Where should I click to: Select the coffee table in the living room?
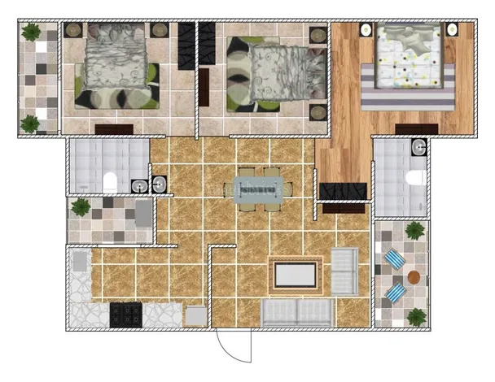coord(295,275)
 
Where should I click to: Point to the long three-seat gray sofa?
coord(297,312)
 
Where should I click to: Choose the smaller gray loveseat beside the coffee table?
coord(344,272)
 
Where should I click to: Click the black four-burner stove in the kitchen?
coord(125,314)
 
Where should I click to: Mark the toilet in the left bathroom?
coord(110,182)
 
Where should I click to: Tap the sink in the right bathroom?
coord(418,147)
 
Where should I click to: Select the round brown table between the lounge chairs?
coord(414,276)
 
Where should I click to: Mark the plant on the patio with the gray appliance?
coord(81,206)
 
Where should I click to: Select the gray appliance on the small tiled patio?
coord(143,213)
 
